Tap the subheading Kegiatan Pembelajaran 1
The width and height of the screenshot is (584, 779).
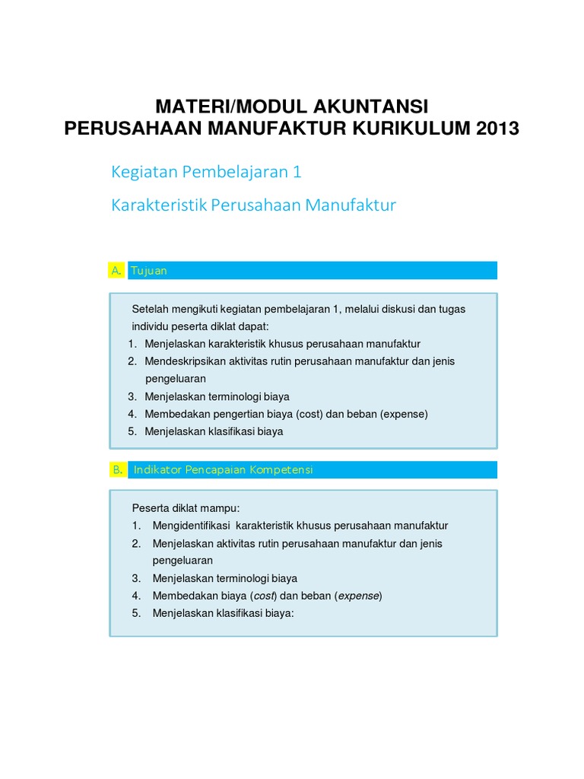(x=206, y=172)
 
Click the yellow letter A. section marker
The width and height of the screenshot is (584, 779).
(x=116, y=271)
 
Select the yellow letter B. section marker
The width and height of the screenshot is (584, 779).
(x=117, y=470)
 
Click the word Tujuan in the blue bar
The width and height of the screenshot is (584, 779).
(x=148, y=271)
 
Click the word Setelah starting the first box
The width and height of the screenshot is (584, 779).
(x=150, y=310)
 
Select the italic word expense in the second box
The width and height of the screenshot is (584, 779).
(x=358, y=596)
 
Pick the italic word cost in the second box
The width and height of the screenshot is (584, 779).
(x=264, y=596)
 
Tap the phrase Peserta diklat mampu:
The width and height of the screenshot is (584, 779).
(x=186, y=508)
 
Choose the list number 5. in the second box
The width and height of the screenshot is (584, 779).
(x=136, y=613)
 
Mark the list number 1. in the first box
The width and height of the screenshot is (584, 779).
(x=132, y=344)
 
